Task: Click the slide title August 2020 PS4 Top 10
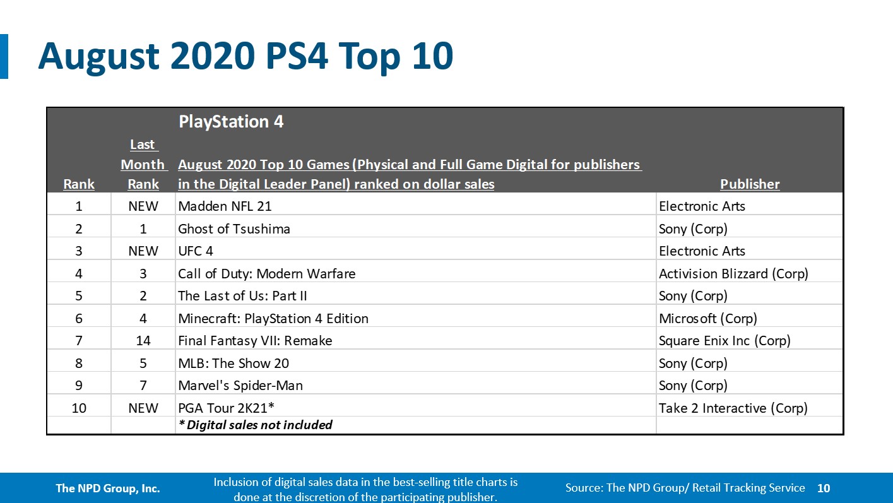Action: (245, 56)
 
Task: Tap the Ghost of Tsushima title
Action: (234, 229)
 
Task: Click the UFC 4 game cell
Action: (196, 251)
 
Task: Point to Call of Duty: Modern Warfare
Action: (266, 274)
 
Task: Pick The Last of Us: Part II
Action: (242, 296)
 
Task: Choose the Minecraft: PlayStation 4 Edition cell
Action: (273, 319)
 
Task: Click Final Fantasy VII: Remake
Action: (255, 341)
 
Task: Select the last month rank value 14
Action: (143, 341)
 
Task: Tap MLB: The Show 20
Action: (234, 364)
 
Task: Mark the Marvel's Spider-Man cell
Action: (240, 386)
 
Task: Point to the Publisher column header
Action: (750, 184)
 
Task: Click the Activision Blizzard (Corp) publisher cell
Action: (733, 274)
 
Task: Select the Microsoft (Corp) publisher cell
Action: (707, 319)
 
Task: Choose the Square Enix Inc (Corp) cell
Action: (724, 341)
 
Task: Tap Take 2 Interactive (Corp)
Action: (733, 408)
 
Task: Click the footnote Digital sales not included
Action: (256, 425)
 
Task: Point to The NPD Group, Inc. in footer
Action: (107, 488)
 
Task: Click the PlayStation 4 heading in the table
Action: (231, 122)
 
